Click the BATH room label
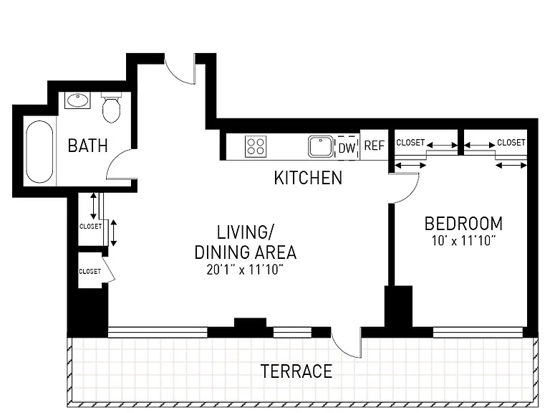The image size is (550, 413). click(x=87, y=146)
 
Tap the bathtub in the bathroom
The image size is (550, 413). click(x=39, y=152)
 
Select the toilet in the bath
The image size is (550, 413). click(x=111, y=108)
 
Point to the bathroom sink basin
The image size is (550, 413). click(x=77, y=100)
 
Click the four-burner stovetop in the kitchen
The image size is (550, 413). click(x=256, y=146)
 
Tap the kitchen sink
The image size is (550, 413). click(x=321, y=146)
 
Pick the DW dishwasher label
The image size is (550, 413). click(x=347, y=148)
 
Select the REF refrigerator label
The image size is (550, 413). click(x=375, y=146)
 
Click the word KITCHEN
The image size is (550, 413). click(x=308, y=178)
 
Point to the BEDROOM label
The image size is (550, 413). click(x=463, y=224)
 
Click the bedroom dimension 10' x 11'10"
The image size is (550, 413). click(x=463, y=241)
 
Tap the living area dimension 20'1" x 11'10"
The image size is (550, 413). click(x=245, y=270)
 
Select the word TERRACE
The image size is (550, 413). click(x=296, y=371)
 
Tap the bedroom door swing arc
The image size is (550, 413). click(x=413, y=192)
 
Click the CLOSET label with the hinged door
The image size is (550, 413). click(x=90, y=272)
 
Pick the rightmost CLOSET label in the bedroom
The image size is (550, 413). click(x=511, y=142)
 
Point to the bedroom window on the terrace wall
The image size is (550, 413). click(x=478, y=333)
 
